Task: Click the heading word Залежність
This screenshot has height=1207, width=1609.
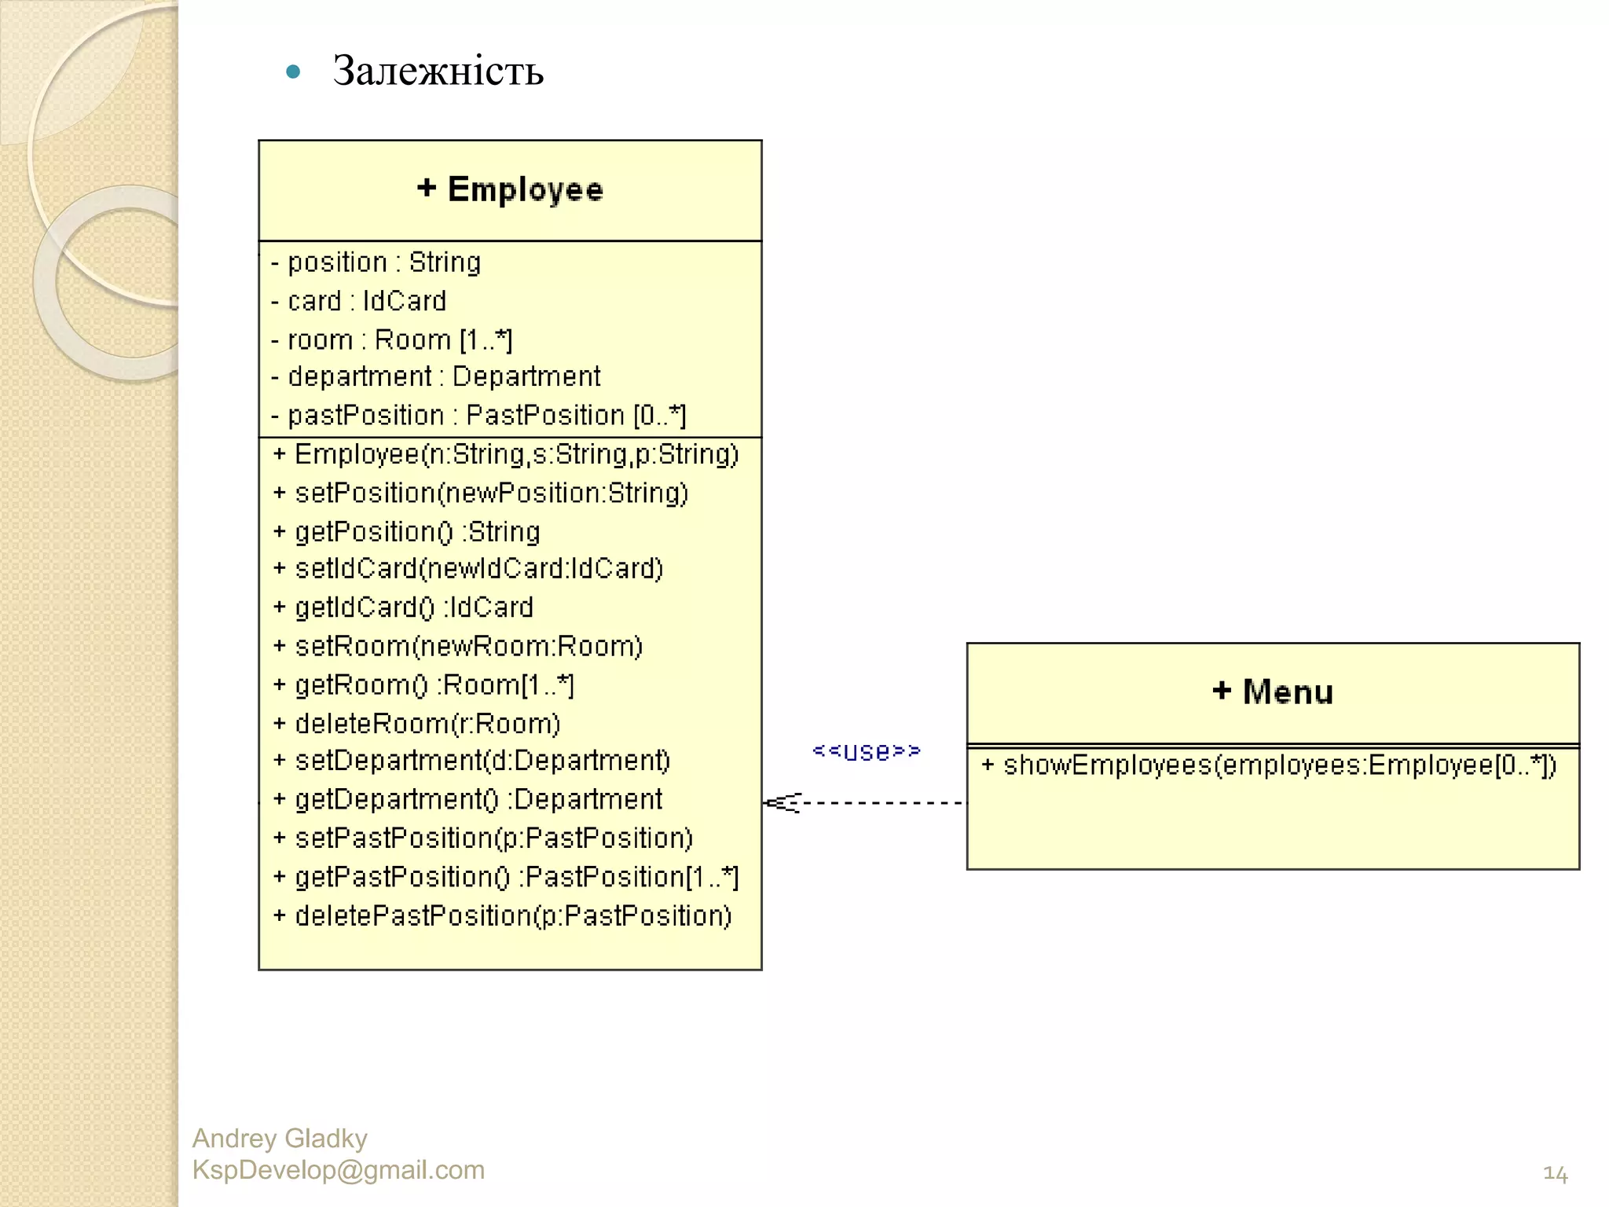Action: [x=438, y=71]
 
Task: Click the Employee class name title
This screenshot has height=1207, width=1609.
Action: [x=510, y=189]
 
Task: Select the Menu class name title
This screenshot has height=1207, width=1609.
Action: [x=1273, y=692]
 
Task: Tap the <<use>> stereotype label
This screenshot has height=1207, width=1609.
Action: [x=867, y=751]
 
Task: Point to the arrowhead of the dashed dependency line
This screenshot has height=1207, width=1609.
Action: [x=778, y=802]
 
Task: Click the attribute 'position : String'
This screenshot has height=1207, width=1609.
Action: [x=376, y=262]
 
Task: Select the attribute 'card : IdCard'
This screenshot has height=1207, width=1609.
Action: [x=359, y=301]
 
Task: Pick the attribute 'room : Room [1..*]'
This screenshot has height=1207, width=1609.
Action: [x=392, y=339]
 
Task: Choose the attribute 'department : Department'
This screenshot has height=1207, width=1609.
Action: [x=436, y=376]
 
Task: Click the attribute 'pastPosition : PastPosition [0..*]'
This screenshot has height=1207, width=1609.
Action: [x=478, y=415]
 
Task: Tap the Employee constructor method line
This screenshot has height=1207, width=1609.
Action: [x=507, y=454]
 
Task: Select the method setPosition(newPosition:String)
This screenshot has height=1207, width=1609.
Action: [x=482, y=493]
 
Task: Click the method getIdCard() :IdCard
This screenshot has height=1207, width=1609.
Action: [x=404, y=607]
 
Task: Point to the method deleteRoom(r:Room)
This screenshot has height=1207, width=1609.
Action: [x=417, y=724]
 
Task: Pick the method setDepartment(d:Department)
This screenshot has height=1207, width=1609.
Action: [x=472, y=761]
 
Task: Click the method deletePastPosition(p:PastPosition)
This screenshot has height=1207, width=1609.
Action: [x=503, y=915]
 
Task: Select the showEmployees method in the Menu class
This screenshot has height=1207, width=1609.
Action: [x=1269, y=765]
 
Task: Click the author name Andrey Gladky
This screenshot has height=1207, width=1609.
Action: [x=280, y=1138]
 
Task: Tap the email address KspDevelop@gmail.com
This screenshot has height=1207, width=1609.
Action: [x=339, y=1170]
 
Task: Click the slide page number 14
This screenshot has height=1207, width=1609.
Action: [x=1555, y=1174]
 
